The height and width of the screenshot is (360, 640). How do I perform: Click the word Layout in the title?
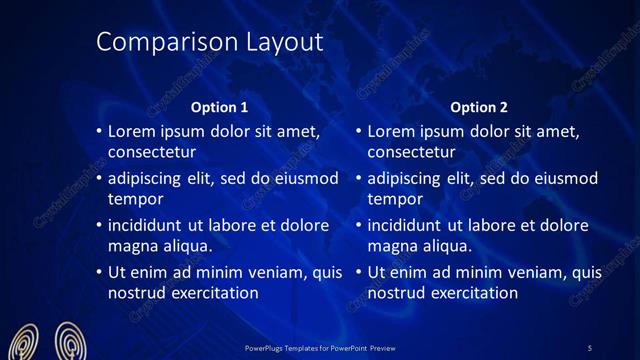(284, 42)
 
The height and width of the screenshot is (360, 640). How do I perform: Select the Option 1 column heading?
(218, 107)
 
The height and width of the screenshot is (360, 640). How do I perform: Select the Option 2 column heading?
(479, 107)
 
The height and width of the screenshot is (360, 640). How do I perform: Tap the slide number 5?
(589, 347)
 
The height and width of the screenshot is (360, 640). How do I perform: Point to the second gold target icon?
(72, 341)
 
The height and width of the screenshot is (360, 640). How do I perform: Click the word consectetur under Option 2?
(412, 152)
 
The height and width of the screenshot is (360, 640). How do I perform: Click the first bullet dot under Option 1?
(98, 131)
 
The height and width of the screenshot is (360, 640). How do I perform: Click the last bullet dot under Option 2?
(358, 272)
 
